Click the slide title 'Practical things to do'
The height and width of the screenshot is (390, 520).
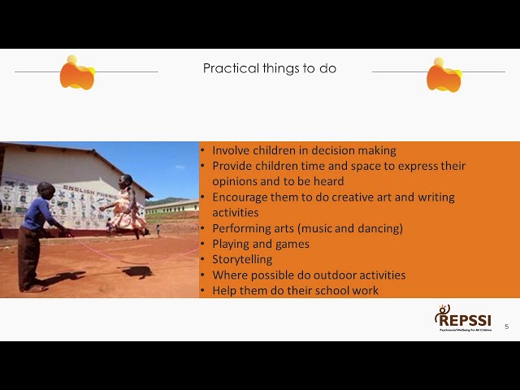click(269, 69)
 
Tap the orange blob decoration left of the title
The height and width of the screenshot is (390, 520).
click(77, 74)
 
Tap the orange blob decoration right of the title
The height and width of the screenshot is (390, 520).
click(444, 76)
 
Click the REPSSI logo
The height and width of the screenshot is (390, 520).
click(463, 318)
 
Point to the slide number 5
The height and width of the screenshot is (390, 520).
click(507, 327)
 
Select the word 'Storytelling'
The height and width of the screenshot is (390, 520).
click(242, 259)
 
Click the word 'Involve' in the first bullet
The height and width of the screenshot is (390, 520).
click(231, 150)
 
